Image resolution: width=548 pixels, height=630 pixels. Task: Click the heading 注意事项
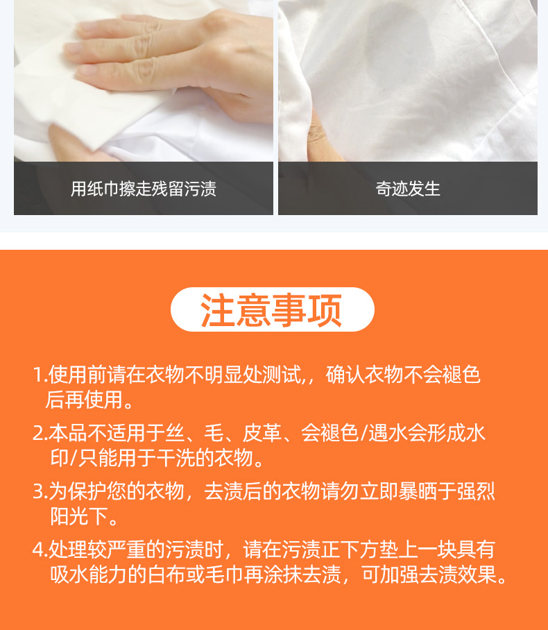point(272,309)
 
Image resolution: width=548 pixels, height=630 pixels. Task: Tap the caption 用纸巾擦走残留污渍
point(144,189)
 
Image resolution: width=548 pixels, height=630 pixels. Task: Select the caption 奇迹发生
point(408,189)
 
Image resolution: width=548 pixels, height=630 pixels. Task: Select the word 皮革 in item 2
point(262,433)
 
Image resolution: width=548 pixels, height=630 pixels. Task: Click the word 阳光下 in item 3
point(79,516)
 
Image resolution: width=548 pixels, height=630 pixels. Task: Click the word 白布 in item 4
point(166,574)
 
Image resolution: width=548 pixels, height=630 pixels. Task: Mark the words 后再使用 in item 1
point(84,400)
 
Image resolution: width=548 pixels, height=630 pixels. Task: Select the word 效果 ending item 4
point(479,574)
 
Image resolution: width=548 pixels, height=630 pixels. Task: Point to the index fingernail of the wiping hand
point(74,48)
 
